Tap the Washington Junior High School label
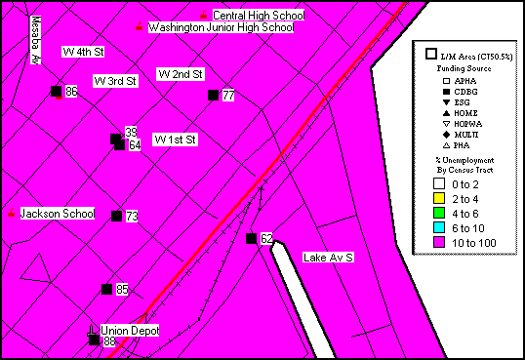pyautogui.click(x=221, y=28)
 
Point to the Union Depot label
pyautogui.click(x=130, y=331)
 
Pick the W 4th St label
pyautogui.click(x=83, y=51)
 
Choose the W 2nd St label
pyautogui.click(x=180, y=74)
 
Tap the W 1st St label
pyautogui.click(x=176, y=140)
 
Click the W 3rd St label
pyautogui.click(x=114, y=80)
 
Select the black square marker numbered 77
pyautogui.click(x=214, y=95)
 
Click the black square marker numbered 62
pyautogui.click(x=251, y=238)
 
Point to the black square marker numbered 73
pyautogui.click(x=116, y=216)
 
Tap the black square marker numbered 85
pyautogui.click(x=106, y=289)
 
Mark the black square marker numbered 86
pyautogui.click(x=56, y=91)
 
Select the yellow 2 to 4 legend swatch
pyautogui.click(x=439, y=198)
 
